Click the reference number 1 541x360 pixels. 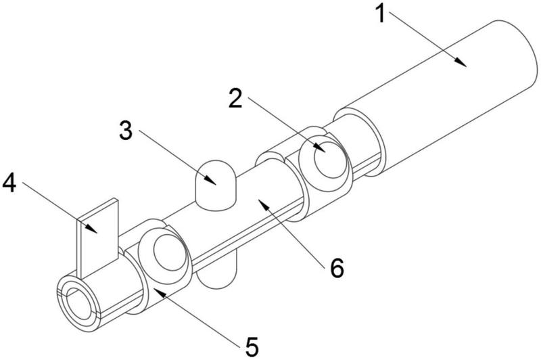coord(382,13)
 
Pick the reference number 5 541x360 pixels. coord(251,347)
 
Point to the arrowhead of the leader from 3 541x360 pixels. coord(215,183)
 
